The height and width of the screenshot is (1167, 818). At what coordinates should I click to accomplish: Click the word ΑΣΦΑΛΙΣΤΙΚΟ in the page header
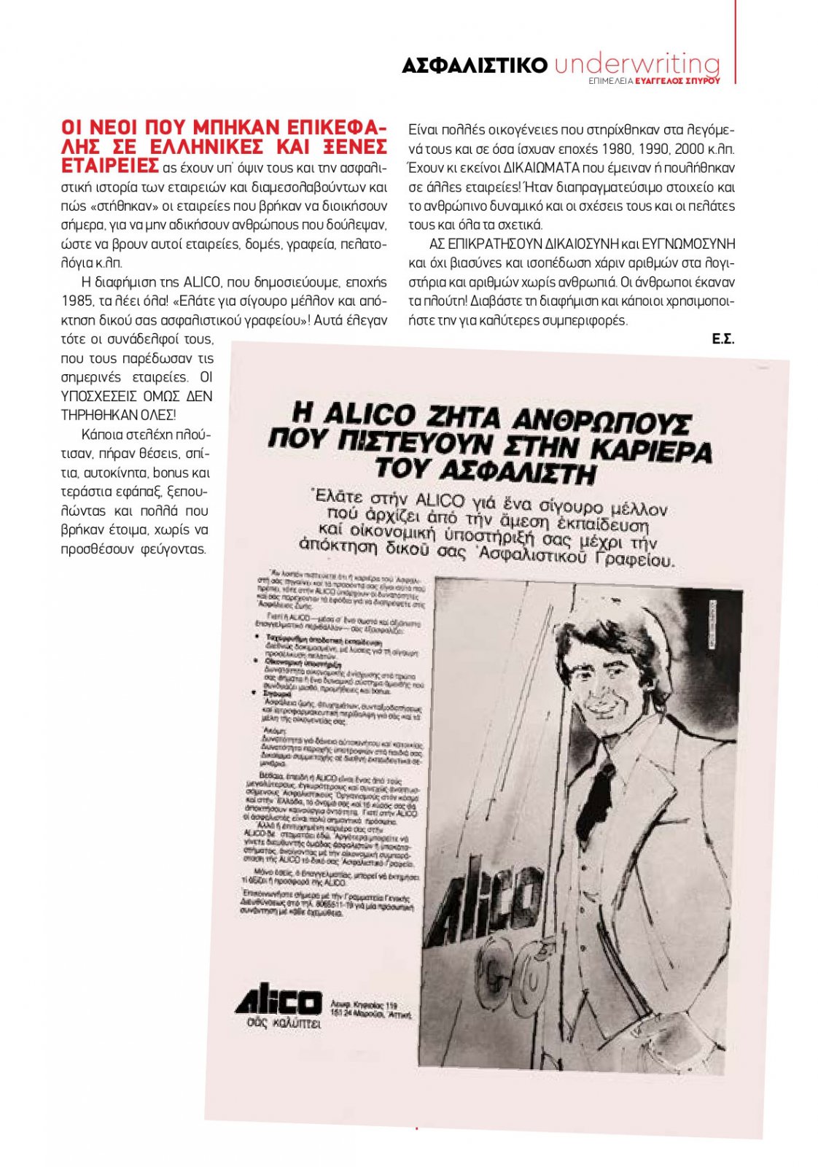[474, 66]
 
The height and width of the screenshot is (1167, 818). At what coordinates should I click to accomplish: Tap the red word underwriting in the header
[636, 64]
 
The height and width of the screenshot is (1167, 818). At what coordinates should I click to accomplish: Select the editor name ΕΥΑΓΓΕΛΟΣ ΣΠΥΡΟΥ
[677, 81]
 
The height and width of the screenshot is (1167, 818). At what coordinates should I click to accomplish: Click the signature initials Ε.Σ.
[723, 339]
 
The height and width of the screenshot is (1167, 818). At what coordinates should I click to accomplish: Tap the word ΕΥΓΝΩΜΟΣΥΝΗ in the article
[688, 244]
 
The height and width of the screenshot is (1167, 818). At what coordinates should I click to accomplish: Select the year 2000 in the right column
[690, 150]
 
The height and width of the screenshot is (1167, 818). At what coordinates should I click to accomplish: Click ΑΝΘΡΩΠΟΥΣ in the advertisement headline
[600, 422]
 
